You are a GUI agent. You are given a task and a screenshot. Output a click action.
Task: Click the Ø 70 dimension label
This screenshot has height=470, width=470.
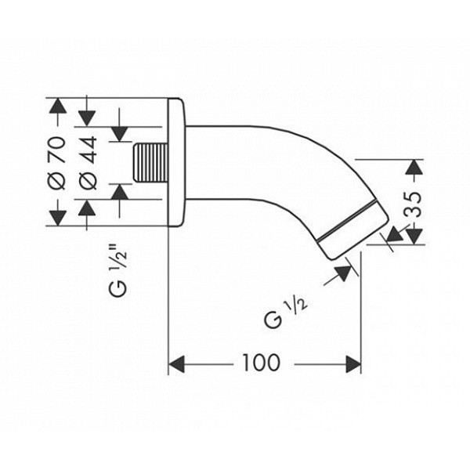(x=56, y=163)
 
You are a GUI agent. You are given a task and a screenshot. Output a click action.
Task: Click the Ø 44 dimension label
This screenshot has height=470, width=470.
(x=89, y=163)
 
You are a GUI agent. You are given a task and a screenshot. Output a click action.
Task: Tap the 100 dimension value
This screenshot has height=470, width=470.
(x=261, y=363)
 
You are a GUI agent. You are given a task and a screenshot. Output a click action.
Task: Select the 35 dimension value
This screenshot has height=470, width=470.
(x=413, y=204)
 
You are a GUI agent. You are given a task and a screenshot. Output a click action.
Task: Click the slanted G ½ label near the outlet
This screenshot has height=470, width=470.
(x=285, y=313)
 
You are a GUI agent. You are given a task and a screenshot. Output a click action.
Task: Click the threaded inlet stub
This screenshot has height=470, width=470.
(x=150, y=163)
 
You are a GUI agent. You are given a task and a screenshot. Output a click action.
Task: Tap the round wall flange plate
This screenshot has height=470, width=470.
(x=176, y=162)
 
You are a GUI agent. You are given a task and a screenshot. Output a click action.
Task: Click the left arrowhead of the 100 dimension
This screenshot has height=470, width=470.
(x=176, y=364)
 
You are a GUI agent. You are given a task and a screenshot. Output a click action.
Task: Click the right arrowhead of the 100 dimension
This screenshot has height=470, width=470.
(x=353, y=364)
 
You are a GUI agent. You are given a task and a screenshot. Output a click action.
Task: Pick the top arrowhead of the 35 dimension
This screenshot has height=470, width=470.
(x=414, y=168)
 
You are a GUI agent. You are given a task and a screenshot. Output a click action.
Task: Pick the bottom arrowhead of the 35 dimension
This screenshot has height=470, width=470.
(x=414, y=237)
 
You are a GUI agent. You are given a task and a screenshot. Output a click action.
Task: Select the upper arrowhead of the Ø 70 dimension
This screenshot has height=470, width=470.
(x=57, y=106)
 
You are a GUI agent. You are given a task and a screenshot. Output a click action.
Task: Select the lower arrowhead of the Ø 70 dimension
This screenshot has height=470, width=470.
(x=57, y=218)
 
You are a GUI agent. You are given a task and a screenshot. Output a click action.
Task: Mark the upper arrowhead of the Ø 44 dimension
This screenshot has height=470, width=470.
(x=87, y=118)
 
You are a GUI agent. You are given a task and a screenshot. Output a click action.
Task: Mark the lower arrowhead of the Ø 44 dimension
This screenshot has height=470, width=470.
(x=87, y=208)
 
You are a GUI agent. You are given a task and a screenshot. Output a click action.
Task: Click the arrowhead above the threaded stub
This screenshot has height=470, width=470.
(x=120, y=134)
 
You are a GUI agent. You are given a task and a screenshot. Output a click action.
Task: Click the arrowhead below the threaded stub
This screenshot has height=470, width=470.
(x=120, y=192)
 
